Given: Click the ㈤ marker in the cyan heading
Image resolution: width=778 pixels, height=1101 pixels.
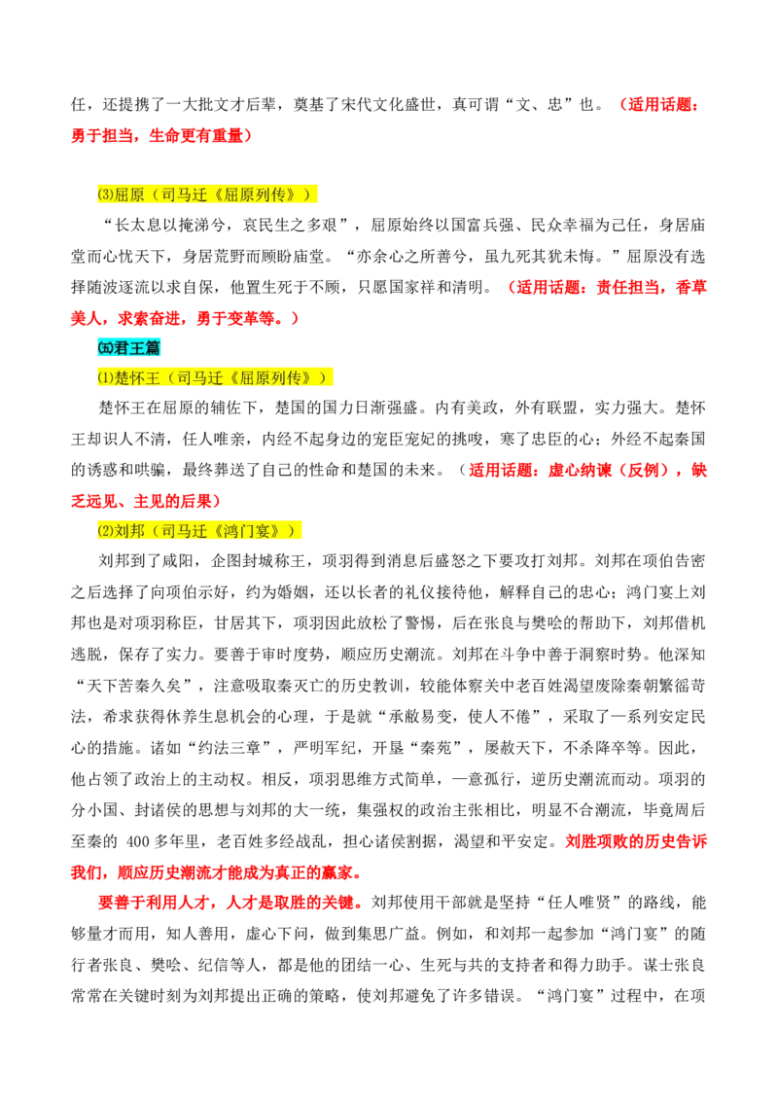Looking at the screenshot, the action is coord(104,347).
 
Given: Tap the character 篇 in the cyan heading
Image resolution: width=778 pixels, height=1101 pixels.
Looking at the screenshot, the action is coord(153,347).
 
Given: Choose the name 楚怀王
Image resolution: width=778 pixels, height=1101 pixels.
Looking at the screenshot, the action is coord(137,377).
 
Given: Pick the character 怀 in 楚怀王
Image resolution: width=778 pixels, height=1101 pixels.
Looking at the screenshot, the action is coord(137,377).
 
